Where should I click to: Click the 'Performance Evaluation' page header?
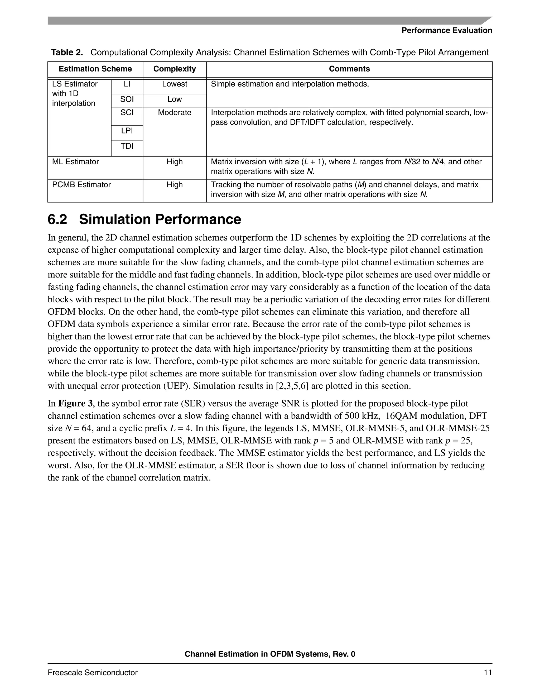click(447, 30)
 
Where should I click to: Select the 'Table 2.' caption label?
click(67, 52)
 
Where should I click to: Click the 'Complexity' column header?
click(174, 69)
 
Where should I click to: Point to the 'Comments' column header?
click(349, 69)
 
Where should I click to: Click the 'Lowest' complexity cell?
click(174, 84)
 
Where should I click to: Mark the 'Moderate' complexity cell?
click(174, 113)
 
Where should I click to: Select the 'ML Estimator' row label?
click(75, 162)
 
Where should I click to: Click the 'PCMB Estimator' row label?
click(81, 185)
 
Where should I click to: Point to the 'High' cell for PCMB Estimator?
click(174, 185)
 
